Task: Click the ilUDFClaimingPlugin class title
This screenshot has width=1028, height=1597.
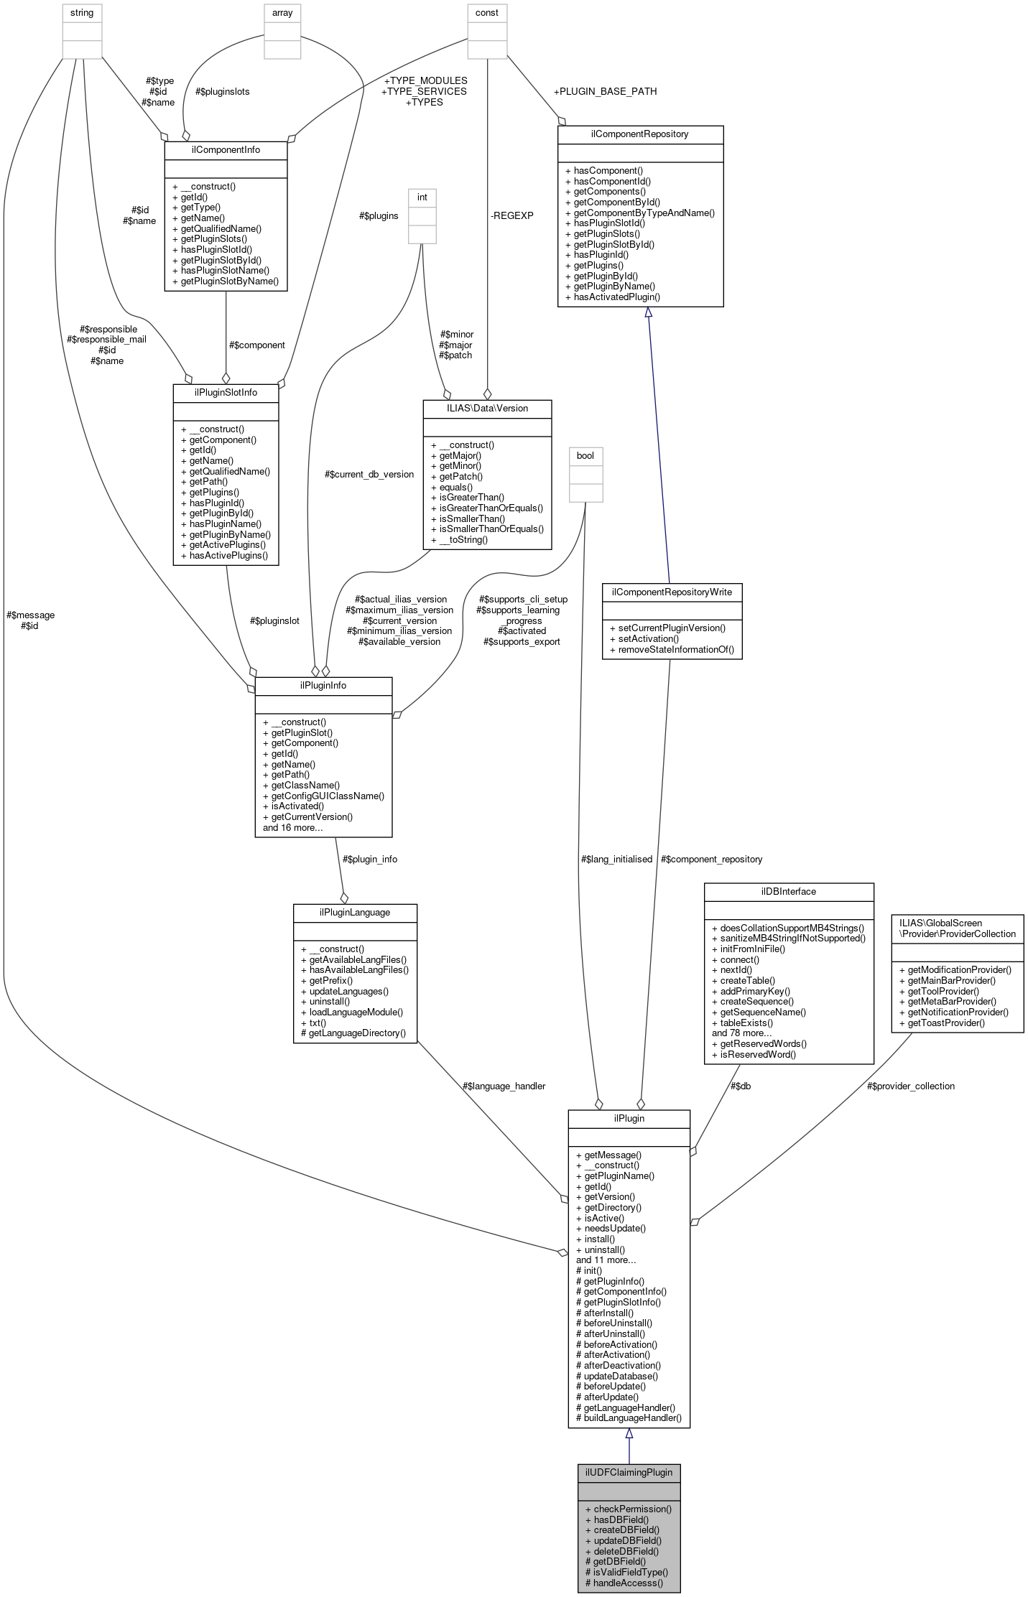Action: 629,1472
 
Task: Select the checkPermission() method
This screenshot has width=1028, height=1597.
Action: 629,1509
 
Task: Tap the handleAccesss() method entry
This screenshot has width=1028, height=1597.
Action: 624,1582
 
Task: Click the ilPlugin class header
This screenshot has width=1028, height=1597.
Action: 629,1118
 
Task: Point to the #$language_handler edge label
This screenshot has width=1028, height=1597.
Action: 504,1086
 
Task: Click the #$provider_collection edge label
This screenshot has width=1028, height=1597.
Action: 910,1086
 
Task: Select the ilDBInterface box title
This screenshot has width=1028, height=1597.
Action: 788,891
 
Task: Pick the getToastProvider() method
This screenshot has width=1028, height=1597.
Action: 942,1023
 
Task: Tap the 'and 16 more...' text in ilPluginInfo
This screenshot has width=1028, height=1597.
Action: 292,827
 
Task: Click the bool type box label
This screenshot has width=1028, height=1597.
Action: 585,455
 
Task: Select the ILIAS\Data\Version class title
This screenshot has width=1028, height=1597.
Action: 487,408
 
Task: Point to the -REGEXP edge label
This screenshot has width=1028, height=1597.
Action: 511,215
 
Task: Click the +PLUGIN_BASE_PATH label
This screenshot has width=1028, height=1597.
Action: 605,91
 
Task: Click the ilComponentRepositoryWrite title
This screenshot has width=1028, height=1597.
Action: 672,592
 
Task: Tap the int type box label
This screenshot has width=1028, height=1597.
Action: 422,197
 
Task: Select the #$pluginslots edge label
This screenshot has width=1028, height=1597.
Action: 223,91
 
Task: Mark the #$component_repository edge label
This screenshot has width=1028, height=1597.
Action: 711,859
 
